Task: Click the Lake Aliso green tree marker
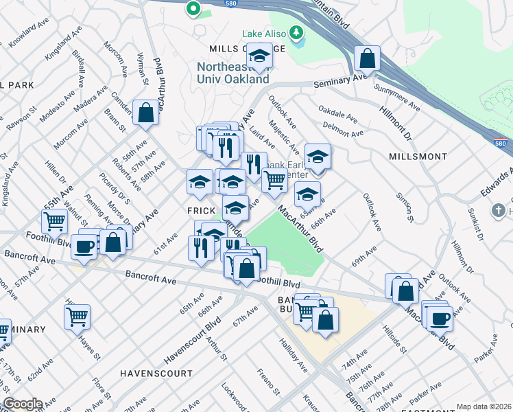[x=296, y=32]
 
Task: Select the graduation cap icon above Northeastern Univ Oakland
[x=259, y=56]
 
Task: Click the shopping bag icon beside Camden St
[x=145, y=113]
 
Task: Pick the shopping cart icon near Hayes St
[x=77, y=317]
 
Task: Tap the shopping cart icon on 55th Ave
[x=54, y=220]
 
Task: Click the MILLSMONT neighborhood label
[x=418, y=157]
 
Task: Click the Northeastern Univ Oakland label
[x=232, y=73]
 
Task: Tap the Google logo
[x=22, y=404]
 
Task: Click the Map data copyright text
[x=484, y=407]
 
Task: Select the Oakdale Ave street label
[x=335, y=113]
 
